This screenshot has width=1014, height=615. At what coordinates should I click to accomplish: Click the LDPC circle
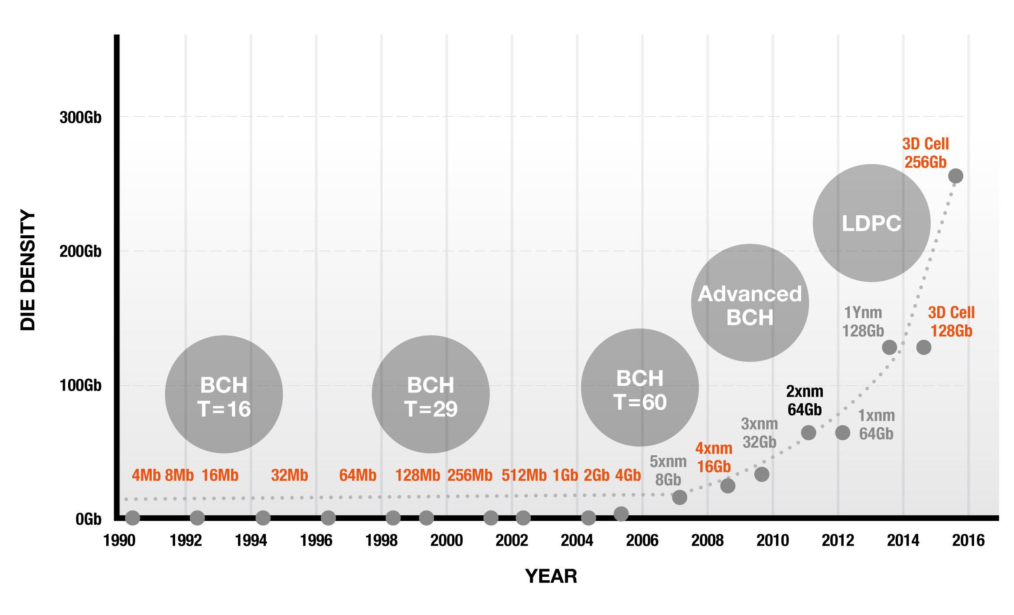tap(871, 223)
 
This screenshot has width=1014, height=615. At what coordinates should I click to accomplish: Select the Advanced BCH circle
tap(750, 303)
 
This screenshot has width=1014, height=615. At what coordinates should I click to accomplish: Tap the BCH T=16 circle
tap(224, 395)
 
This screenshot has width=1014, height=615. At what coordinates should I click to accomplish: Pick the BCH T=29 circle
tap(430, 395)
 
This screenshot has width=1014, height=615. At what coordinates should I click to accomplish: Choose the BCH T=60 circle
tap(639, 388)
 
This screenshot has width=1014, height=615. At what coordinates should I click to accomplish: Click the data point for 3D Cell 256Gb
tap(955, 176)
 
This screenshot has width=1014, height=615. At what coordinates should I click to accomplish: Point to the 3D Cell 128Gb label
tap(951, 322)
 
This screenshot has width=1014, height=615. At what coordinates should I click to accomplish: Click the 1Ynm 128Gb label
tap(863, 322)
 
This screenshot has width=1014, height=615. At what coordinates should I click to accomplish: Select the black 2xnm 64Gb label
tap(805, 401)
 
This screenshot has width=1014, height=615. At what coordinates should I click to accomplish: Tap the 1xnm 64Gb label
tap(877, 425)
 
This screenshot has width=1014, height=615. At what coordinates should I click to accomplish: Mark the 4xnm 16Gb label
tap(714, 457)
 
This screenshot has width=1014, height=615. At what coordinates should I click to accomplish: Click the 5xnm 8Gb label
tap(668, 471)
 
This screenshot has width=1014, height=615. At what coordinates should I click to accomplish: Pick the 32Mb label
tap(289, 475)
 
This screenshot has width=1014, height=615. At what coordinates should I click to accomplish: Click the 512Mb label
tap(524, 475)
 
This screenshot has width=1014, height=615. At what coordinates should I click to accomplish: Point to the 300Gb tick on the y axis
tap(81, 117)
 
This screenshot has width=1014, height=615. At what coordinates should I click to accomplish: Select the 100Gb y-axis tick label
tap(81, 385)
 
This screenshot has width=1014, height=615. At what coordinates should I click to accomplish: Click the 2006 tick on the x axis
tap(642, 541)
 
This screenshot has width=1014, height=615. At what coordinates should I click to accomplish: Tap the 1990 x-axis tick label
tap(119, 541)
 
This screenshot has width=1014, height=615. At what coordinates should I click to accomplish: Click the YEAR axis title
tap(551, 576)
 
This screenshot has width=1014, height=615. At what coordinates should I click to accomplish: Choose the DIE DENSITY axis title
tap(28, 270)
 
